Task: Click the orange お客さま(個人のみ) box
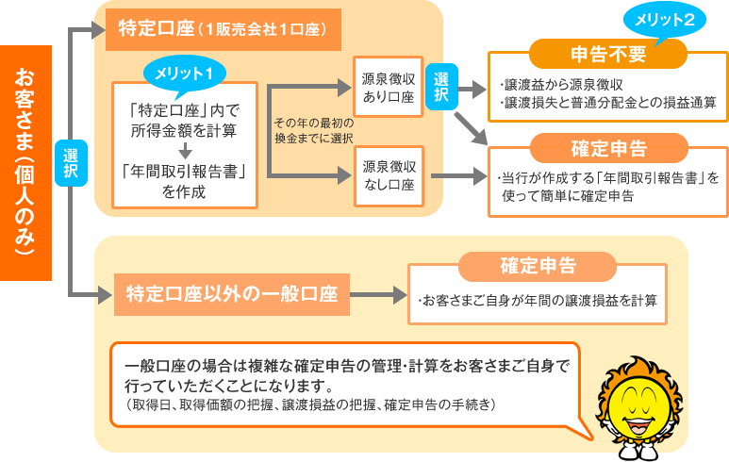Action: click(x=25, y=162)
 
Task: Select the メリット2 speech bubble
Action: click(x=665, y=20)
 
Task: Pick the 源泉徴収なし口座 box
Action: click(x=389, y=175)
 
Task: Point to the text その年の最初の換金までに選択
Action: click(x=312, y=130)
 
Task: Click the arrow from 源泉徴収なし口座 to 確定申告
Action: click(x=454, y=175)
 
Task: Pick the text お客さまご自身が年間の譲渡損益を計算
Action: click(x=536, y=301)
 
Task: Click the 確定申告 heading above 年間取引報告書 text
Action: click(x=608, y=148)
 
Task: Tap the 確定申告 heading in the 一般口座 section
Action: click(x=537, y=266)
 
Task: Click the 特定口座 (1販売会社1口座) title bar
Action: click(x=222, y=29)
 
